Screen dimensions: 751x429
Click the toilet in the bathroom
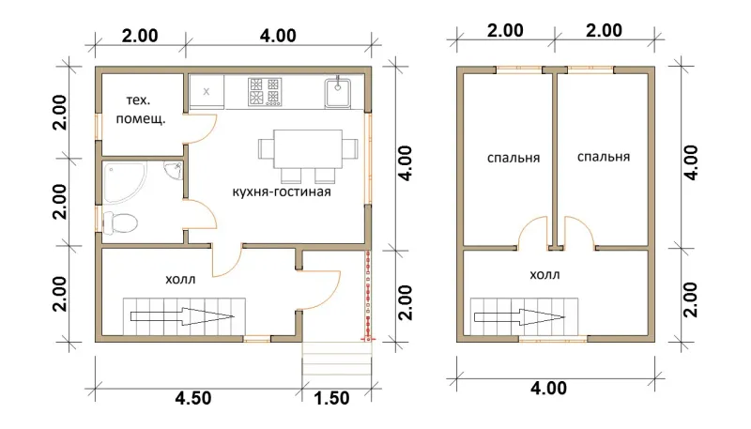[120, 222]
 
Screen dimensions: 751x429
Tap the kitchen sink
[338, 92]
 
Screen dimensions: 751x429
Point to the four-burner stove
[265, 91]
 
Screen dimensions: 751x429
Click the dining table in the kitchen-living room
[308, 148]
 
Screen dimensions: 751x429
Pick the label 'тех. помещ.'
[140, 110]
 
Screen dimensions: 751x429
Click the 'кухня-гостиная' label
[282, 192]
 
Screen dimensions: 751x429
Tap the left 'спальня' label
[513, 158]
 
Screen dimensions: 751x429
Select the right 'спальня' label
[604, 157]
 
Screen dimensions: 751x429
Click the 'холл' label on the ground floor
[180, 279]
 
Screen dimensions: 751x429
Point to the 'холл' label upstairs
[545, 275]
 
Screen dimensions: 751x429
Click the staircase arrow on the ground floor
[182, 316]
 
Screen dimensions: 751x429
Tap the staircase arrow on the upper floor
[520, 317]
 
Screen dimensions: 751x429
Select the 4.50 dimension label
[192, 398]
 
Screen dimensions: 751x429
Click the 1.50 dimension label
[332, 398]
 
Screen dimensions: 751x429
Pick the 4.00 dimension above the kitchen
[278, 36]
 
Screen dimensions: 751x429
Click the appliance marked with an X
[207, 91]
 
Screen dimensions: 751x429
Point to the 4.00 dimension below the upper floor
[548, 388]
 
